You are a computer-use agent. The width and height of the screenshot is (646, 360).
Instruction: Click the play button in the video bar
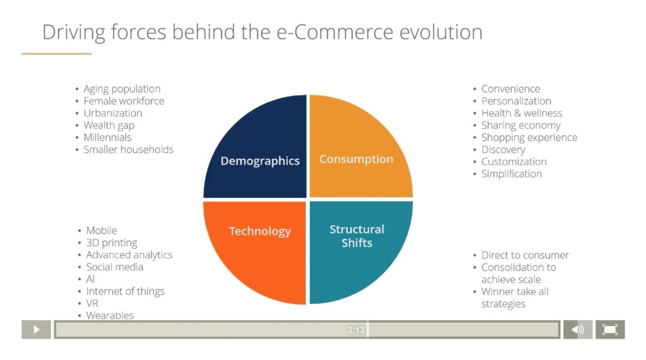point(36,330)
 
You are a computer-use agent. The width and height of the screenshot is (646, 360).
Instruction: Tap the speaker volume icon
point(578,330)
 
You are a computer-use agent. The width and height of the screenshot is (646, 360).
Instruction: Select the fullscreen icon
point(610,330)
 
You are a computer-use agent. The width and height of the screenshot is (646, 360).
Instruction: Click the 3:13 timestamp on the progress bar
point(356,330)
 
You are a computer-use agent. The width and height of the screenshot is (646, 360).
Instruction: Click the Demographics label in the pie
point(260,161)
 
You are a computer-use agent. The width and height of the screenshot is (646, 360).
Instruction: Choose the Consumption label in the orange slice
point(356,159)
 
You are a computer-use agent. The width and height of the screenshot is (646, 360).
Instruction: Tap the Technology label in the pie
point(260,231)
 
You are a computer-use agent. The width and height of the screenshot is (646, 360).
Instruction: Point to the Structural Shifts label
point(357,236)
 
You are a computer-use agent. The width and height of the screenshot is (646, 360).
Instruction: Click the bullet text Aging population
point(122,89)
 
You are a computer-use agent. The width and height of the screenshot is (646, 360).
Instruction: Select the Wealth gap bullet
point(109,125)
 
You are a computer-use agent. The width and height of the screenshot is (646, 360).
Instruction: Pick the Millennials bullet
point(107,137)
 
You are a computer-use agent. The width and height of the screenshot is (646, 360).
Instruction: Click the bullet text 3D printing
point(112,243)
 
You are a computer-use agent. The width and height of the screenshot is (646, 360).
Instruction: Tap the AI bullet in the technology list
point(90,279)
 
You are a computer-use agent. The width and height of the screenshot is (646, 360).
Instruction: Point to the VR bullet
point(92,303)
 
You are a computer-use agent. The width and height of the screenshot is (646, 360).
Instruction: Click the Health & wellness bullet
point(522,113)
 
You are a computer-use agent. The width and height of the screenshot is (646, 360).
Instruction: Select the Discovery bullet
point(503,149)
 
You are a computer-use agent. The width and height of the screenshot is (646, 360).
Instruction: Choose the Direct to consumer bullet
point(525,255)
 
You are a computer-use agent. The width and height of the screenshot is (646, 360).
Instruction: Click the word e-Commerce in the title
point(334,32)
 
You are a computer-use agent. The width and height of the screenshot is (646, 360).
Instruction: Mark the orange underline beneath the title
point(56,54)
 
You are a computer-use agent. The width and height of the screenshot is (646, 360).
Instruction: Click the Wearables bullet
point(110,315)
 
